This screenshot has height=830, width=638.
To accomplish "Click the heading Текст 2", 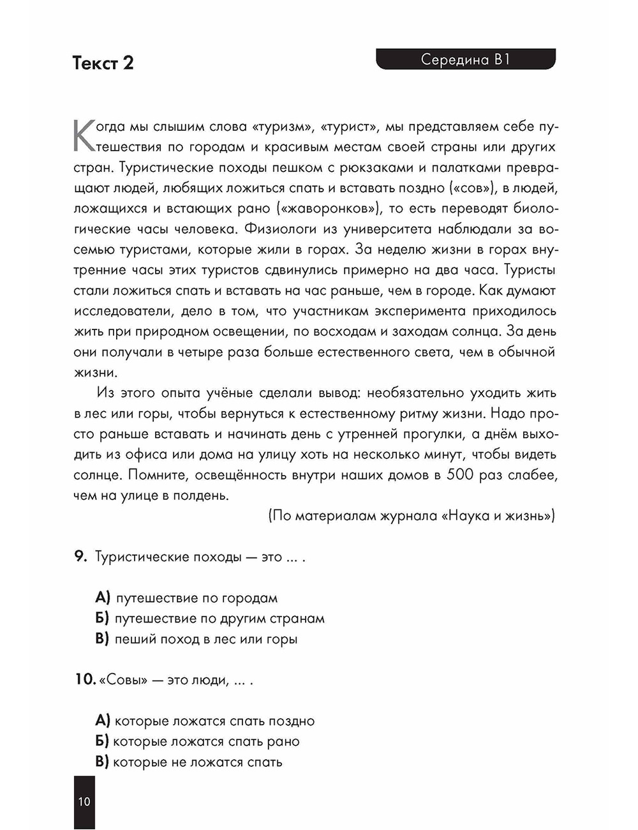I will click(103, 63).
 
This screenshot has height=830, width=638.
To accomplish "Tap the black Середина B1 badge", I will click(466, 59).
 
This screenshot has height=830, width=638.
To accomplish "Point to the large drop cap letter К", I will click(85, 135).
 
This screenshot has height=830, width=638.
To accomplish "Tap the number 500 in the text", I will click(460, 475).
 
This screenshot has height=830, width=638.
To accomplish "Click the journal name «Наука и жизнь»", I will click(498, 516).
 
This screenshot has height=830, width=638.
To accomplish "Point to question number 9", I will click(80, 556).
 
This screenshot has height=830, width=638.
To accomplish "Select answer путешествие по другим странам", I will click(219, 619).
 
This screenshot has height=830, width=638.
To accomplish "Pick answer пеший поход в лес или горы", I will click(205, 639).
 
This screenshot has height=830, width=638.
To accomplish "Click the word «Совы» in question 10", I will click(123, 680).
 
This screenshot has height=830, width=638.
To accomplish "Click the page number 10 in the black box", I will click(84, 802).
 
